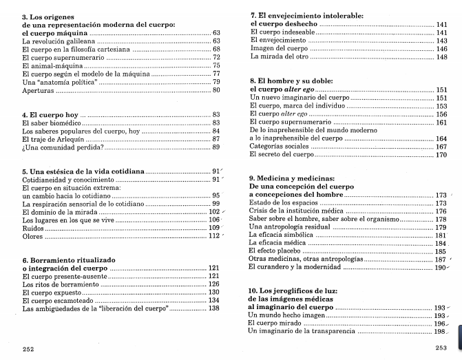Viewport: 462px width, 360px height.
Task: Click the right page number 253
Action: click(x=441, y=348)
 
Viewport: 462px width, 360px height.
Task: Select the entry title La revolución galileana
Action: click(x=54, y=41)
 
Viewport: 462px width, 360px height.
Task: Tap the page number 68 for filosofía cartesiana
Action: click(x=216, y=50)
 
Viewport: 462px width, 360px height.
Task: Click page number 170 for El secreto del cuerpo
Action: click(x=441, y=155)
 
